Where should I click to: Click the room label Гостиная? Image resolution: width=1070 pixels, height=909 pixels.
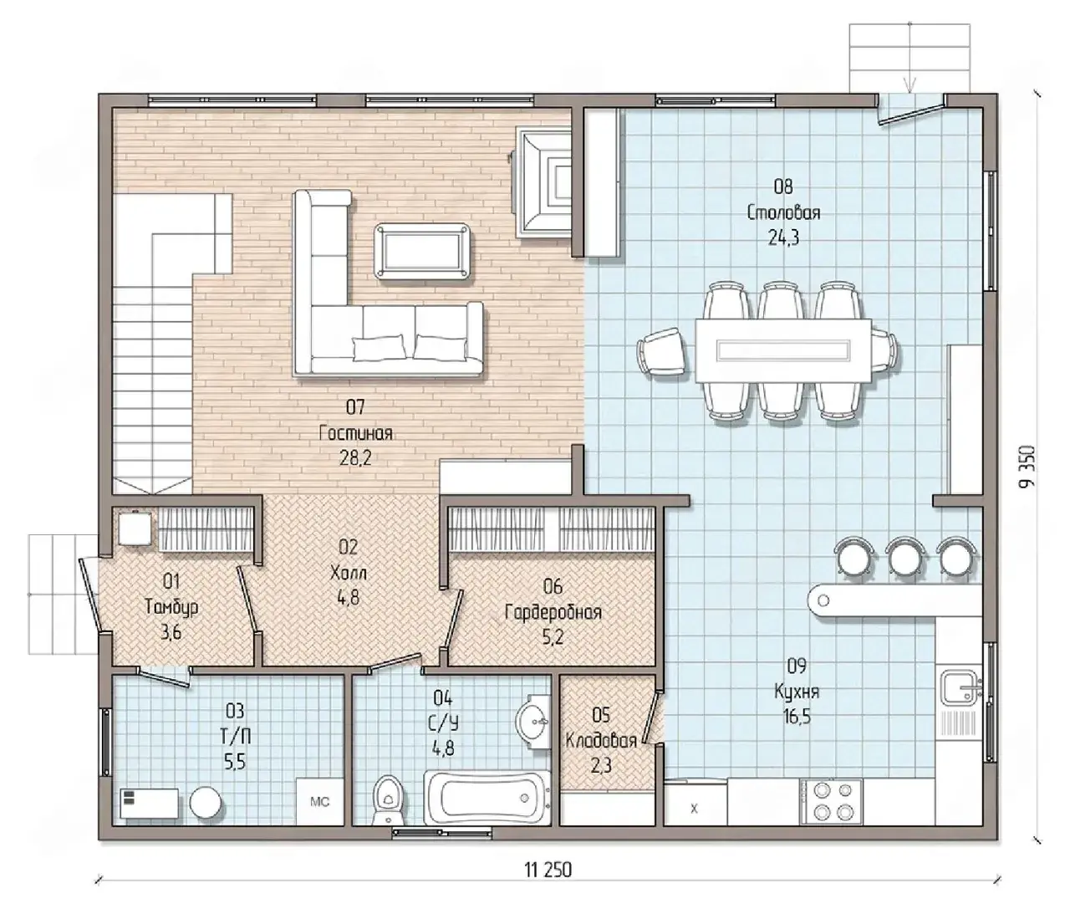point(355,433)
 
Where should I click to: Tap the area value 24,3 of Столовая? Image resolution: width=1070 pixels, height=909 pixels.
point(783,238)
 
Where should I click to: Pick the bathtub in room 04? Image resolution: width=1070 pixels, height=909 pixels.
point(487,798)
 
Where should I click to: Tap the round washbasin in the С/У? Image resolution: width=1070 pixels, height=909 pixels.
point(532,720)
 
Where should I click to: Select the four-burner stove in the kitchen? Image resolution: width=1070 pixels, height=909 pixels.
point(832,801)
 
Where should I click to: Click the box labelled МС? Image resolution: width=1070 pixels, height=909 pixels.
point(319,802)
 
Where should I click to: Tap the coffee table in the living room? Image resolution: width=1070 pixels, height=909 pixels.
point(422,252)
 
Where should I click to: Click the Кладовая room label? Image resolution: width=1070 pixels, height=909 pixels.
point(600,741)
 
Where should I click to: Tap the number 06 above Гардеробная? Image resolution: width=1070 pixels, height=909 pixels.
point(553,586)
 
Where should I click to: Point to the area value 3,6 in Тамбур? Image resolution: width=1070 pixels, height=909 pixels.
point(171,632)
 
